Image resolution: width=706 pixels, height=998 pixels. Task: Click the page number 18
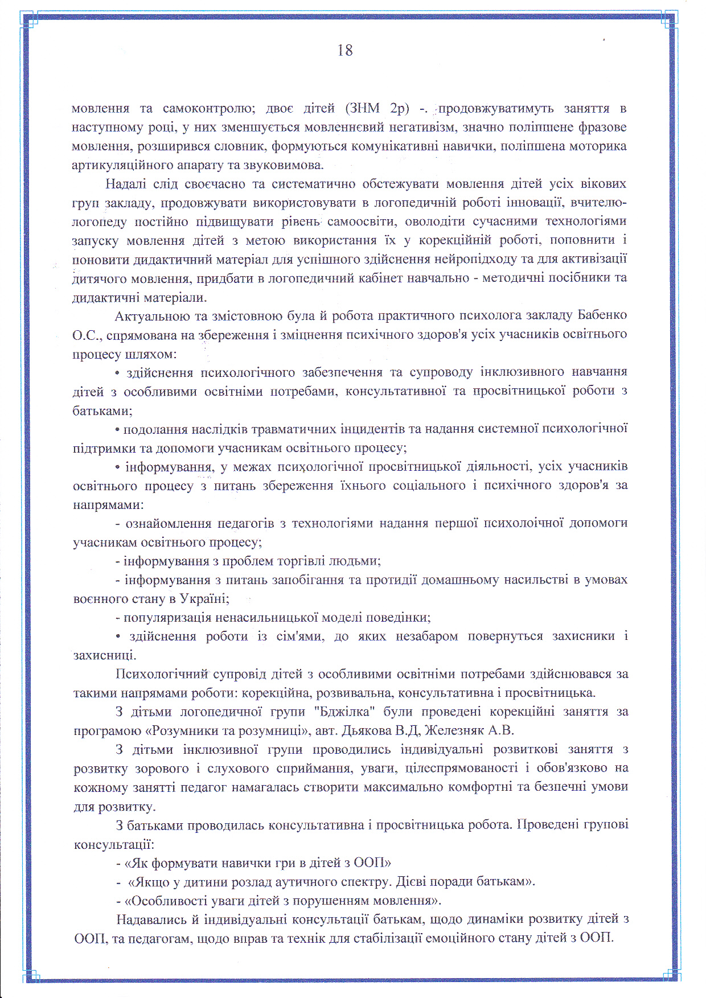(x=345, y=51)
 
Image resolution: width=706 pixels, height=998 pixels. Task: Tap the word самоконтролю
(x=204, y=108)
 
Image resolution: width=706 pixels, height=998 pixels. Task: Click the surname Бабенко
(x=602, y=315)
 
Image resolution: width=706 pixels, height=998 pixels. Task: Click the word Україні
(x=204, y=598)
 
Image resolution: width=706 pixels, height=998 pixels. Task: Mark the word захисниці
(x=104, y=655)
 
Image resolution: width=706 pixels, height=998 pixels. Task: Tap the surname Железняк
(x=454, y=730)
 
